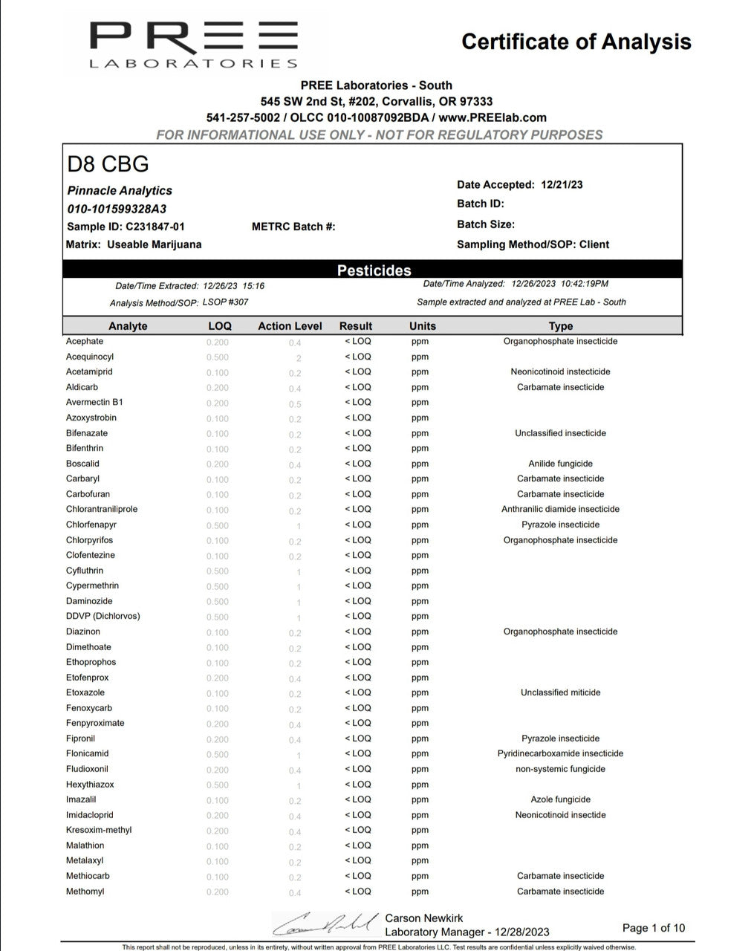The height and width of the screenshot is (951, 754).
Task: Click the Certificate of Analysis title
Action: (576, 42)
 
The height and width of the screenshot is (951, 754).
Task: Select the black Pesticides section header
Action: (373, 270)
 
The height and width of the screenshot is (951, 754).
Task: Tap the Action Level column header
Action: (290, 326)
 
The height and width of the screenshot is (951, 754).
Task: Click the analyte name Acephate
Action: (85, 342)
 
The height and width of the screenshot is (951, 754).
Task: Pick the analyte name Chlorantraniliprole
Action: (102, 510)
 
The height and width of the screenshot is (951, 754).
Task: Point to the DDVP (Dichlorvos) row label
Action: (103, 616)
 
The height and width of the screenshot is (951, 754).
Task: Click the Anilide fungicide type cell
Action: (560, 464)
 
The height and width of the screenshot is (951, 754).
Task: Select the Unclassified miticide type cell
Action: (560, 692)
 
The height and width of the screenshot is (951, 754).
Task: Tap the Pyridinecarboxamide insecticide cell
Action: (560, 753)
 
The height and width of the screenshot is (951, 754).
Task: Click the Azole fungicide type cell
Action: (560, 799)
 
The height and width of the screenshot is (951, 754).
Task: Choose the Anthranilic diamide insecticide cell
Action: (560, 510)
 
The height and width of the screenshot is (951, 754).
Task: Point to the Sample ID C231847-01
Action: (126, 227)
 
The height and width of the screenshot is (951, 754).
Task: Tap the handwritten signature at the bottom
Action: (324, 923)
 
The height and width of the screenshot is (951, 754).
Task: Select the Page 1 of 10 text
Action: (654, 928)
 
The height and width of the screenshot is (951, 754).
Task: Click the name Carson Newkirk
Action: (424, 918)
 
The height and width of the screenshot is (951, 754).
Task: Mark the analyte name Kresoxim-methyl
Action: (99, 830)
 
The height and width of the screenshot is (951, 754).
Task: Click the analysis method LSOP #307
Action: (225, 302)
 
